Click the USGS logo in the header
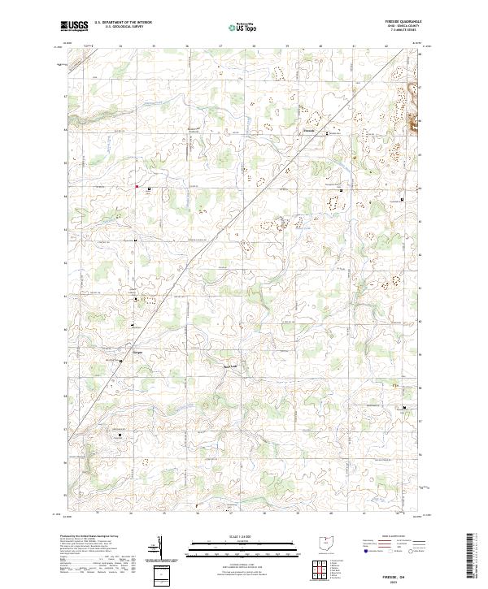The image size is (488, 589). (74, 27)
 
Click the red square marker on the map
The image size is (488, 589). (137, 188)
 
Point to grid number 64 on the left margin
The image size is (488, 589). (64, 196)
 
